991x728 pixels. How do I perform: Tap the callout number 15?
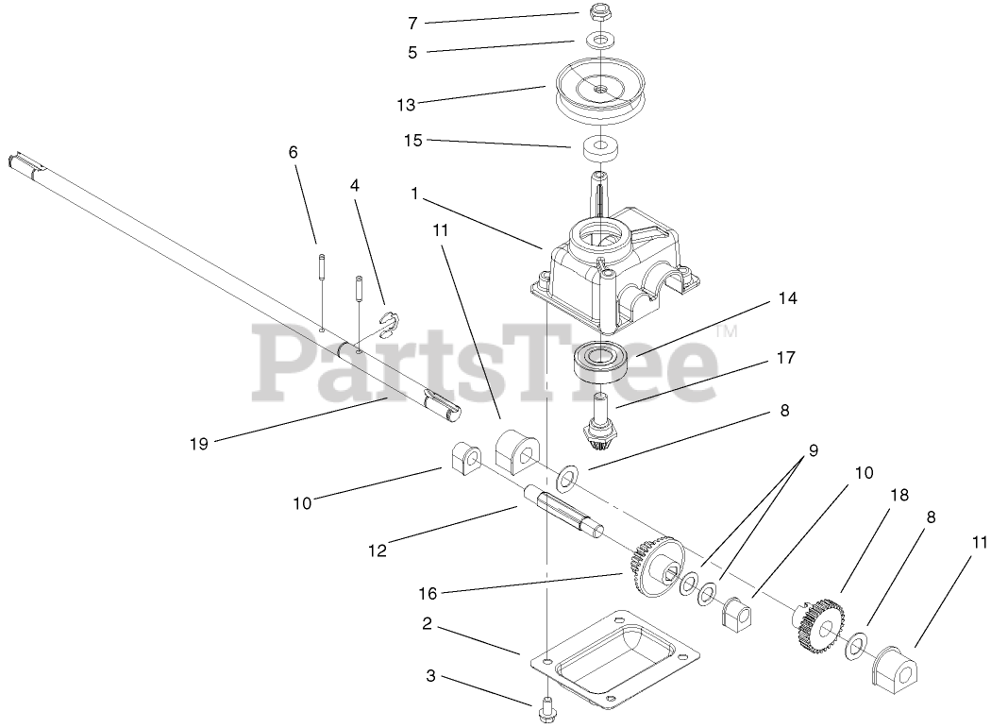pos(412,141)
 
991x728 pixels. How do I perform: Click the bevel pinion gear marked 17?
pos(600,419)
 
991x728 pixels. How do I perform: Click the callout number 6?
pos(293,151)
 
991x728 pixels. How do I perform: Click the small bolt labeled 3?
pos(546,704)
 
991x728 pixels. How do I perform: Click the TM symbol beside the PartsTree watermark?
pos(727,331)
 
